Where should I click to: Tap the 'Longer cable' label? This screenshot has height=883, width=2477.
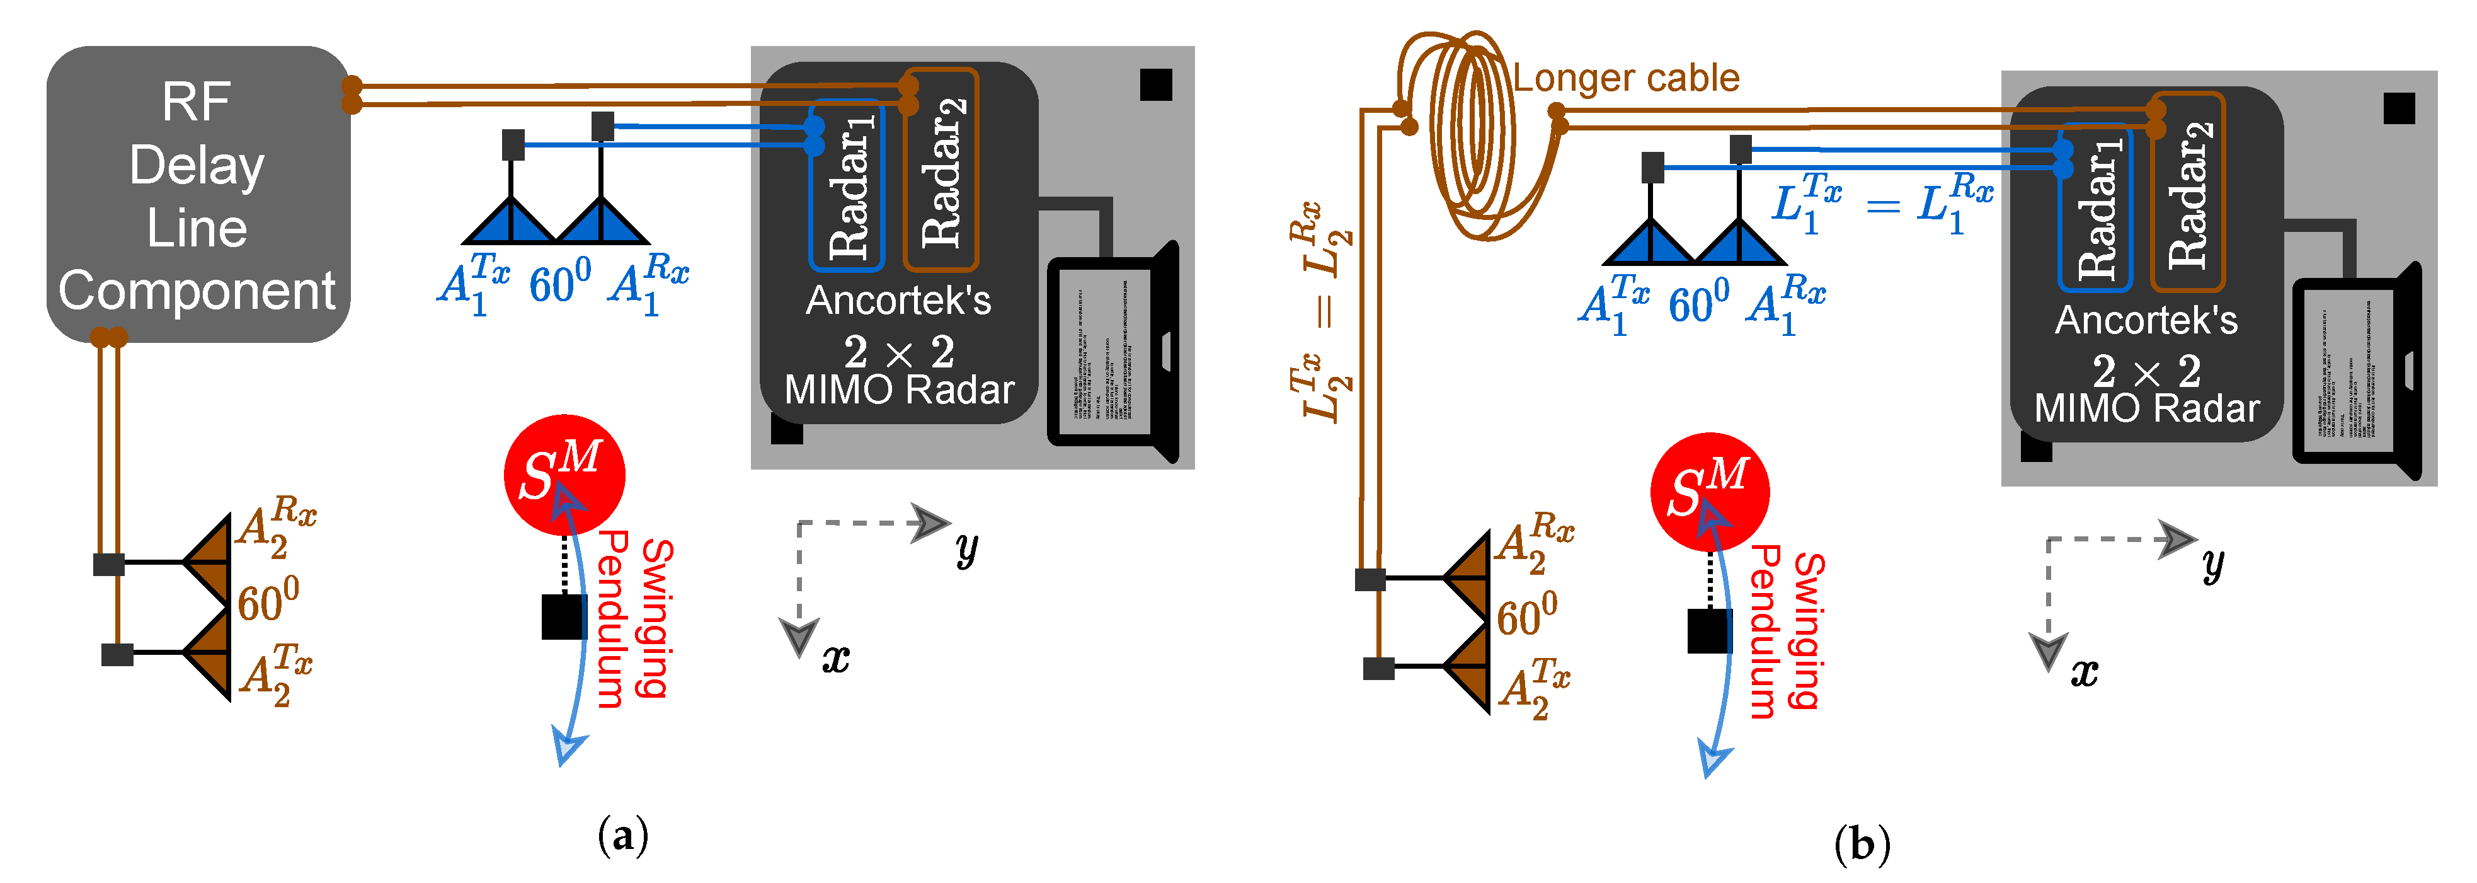point(1625,79)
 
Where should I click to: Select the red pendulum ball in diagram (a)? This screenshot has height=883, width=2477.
point(564,474)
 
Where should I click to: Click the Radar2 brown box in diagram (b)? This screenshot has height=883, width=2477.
point(2188,192)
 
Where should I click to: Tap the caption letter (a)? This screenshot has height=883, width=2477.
point(623,835)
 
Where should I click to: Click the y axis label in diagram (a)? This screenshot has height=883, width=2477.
point(966,548)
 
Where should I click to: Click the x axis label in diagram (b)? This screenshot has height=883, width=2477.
point(2084,671)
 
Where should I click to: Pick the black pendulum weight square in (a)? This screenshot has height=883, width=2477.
point(563,616)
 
